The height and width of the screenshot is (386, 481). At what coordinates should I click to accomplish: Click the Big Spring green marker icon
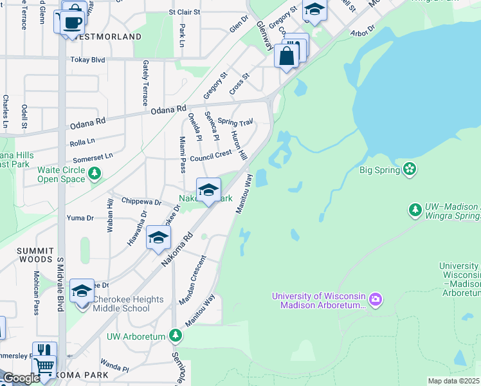[410, 170]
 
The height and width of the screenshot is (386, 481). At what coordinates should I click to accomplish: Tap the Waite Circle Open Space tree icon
[95, 173]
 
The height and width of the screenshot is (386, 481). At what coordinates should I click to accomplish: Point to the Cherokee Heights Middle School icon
[82, 291]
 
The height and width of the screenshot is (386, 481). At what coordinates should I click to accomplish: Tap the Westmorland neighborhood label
[107, 37]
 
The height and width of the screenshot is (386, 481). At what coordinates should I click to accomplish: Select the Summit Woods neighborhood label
[26, 254]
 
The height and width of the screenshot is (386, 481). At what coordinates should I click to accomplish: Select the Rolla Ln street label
[82, 141]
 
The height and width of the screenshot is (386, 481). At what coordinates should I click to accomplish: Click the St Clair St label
[186, 12]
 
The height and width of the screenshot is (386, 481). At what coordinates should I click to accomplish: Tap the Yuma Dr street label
[80, 218]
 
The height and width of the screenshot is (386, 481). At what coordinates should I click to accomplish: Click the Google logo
[21, 378]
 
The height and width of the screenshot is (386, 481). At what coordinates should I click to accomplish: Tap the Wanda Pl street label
[115, 369]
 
